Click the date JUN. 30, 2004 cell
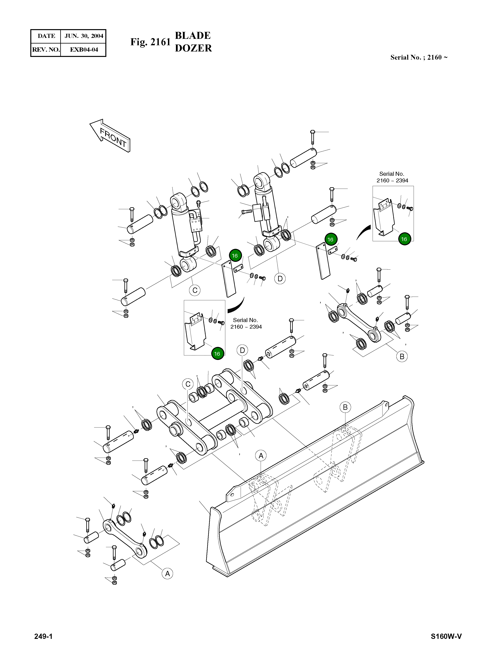tap(84, 36)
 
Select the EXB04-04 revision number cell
tap(84, 50)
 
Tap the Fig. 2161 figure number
tap(150, 42)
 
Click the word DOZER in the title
tap(193, 48)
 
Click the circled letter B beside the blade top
tap(345, 407)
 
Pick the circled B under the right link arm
tap(402, 356)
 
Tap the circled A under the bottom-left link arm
tap(167, 574)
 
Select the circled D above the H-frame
tap(242, 350)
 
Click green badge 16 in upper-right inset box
tap(404, 239)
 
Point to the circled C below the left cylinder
tap(195, 290)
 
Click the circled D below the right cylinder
tap(280, 279)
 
